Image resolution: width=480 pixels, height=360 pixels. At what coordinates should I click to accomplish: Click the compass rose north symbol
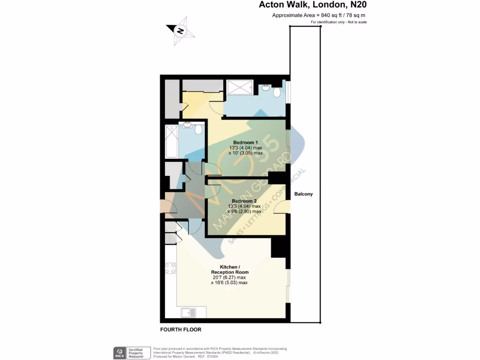point(180,31)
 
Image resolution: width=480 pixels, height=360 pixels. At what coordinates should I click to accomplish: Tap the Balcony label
point(303,194)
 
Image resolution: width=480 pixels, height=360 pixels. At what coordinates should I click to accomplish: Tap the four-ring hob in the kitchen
point(170,269)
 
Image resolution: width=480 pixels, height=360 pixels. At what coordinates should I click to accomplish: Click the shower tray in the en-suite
point(240,87)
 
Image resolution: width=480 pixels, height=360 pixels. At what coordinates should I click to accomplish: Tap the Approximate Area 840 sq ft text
point(318,15)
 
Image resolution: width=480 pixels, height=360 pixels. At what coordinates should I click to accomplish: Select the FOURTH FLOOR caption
point(180,330)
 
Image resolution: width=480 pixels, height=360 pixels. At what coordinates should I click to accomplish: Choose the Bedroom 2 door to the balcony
point(281,206)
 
